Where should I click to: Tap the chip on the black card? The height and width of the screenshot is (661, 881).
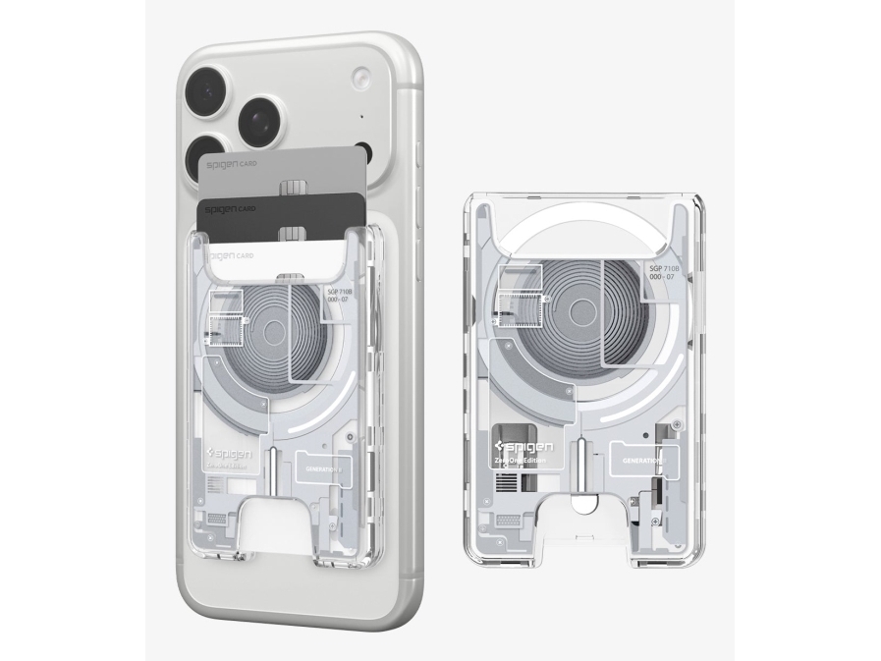coord(291,234)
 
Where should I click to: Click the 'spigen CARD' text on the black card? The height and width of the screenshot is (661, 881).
coord(229,209)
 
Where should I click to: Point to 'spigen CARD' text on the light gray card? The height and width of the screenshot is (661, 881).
coord(231,163)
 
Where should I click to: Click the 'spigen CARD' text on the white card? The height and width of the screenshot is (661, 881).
coord(230,255)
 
